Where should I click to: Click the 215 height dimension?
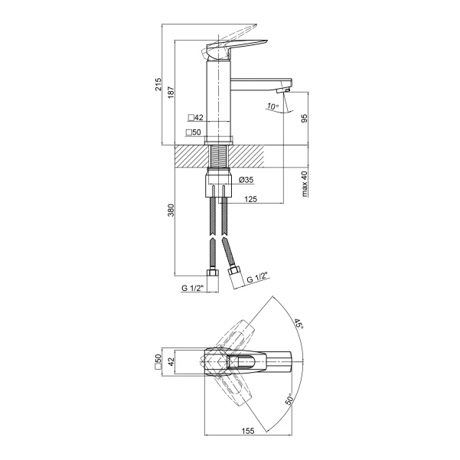[x=158, y=84]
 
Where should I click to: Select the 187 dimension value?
[x=171, y=93]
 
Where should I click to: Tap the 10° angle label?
[x=272, y=106]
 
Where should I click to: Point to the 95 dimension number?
[x=305, y=118]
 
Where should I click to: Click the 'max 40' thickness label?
[x=305, y=184]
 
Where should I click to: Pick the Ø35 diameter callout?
[x=246, y=180]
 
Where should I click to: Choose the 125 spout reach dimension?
[x=250, y=199]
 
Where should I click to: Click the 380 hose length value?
[x=171, y=210]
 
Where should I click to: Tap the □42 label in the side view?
[x=196, y=118]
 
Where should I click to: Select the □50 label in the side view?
[x=194, y=132]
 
